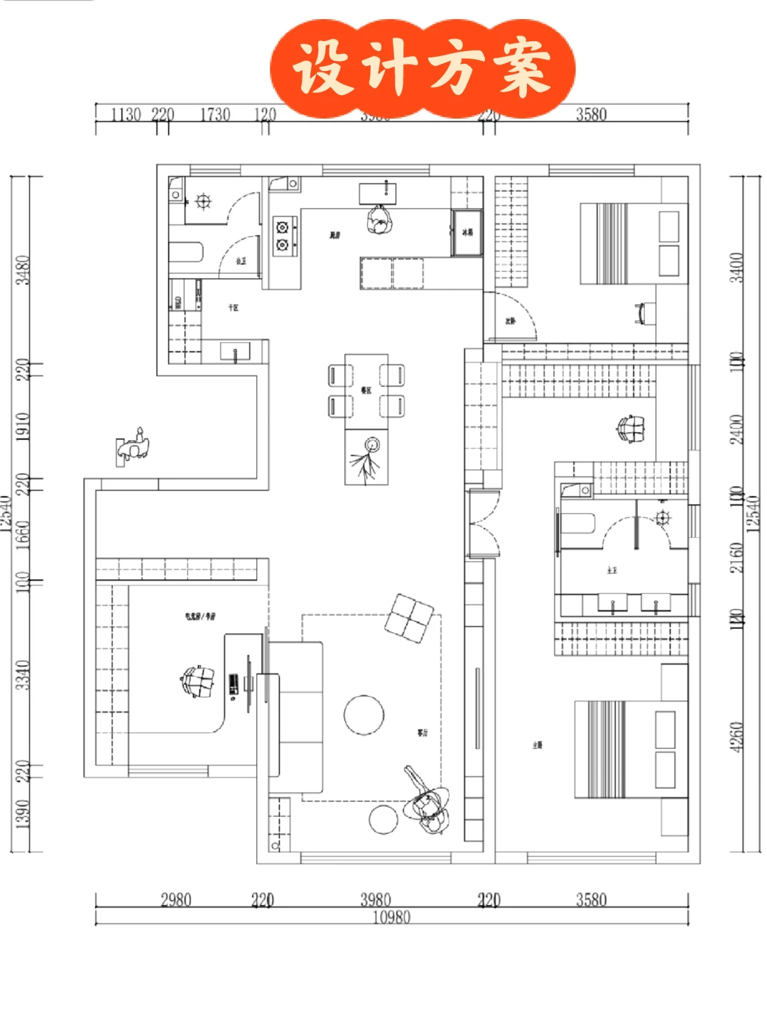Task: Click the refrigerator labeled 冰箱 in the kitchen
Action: [x=467, y=232]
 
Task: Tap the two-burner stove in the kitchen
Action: [x=284, y=236]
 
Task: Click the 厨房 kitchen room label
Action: [x=334, y=235]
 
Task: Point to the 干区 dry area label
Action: [x=233, y=307]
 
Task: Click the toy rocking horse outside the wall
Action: [x=134, y=446]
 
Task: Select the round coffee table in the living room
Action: [x=364, y=715]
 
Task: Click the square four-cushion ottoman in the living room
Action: [x=409, y=618]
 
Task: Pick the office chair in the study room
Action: [x=198, y=682]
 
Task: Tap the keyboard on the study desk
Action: [x=234, y=685]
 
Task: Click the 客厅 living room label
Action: [x=423, y=732]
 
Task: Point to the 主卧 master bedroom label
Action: [x=538, y=744]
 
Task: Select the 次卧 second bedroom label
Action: [x=510, y=321]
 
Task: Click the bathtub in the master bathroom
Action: [x=577, y=524]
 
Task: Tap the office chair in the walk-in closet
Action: [x=631, y=429]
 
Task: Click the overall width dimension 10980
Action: [x=391, y=917]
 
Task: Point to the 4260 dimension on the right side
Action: [x=736, y=737]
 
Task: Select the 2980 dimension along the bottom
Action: [x=176, y=900]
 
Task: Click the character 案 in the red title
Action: [x=524, y=67]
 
